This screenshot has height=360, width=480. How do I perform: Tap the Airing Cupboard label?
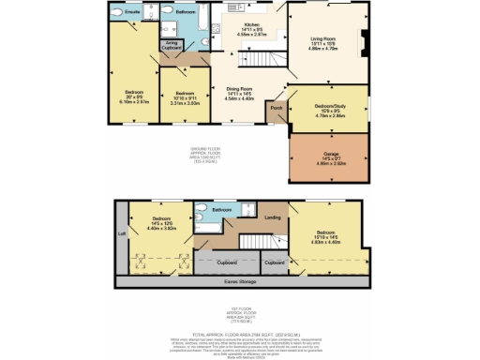172,45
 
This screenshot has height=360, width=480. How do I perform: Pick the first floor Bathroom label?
221,209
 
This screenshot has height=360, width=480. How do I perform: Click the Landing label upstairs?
273,218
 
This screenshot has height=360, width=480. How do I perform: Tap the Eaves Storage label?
242,279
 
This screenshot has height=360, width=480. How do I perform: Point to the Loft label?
121,232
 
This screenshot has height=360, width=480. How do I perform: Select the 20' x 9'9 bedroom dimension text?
132,97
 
